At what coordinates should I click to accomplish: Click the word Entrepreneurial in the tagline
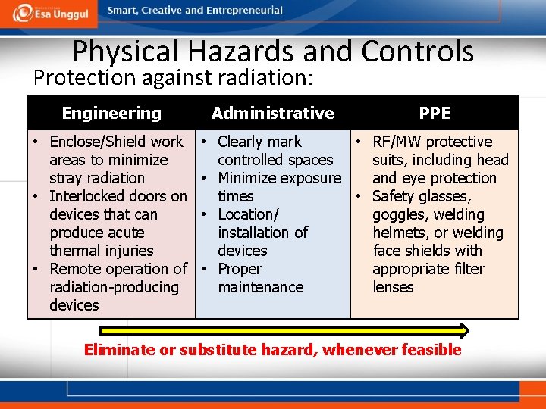tap(244, 11)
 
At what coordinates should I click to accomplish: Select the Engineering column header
tap(111, 114)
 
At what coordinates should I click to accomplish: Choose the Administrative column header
tap(272, 113)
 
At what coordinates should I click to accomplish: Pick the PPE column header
tap(435, 113)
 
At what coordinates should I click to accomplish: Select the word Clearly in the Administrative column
tap(243, 142)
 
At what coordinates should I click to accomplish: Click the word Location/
tap(249, 214)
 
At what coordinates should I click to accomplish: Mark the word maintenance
tap(260, 287)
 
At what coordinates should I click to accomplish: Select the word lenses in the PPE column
tap(393, 287)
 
